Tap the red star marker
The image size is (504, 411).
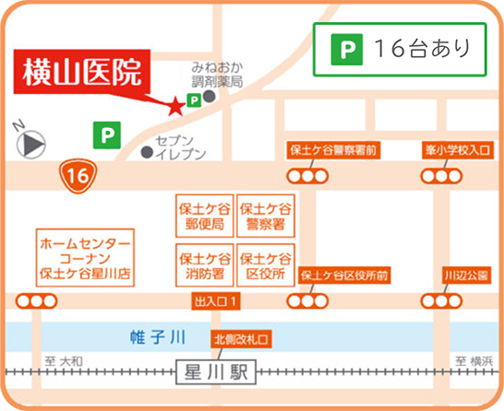coord(174,107)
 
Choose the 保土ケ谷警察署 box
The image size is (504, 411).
coord(266,216)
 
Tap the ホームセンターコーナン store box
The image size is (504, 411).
coord(85,259)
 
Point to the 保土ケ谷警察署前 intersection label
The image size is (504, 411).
coord(332,148)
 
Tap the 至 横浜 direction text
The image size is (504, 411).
coord(472,360)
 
